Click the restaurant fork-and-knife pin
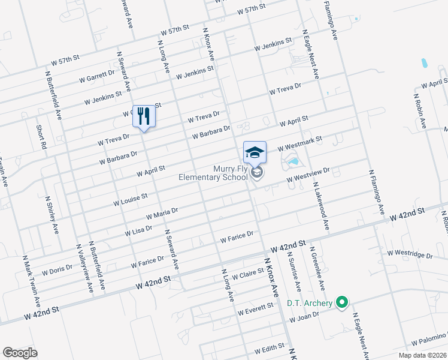click(x=143, y=116)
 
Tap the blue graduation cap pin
click(x=255, y=151)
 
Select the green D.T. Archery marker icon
click(x=342, y=302)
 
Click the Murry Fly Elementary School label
click(x=213, y=173)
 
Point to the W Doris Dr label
click(x=57, y=270)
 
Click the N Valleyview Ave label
click(x=84, y=268)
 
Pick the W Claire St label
click(x=248, y=274)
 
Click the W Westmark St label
click(x=299, y=143)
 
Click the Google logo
click(x=20, y=352)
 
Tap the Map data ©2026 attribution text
click(x=422, y=355)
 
